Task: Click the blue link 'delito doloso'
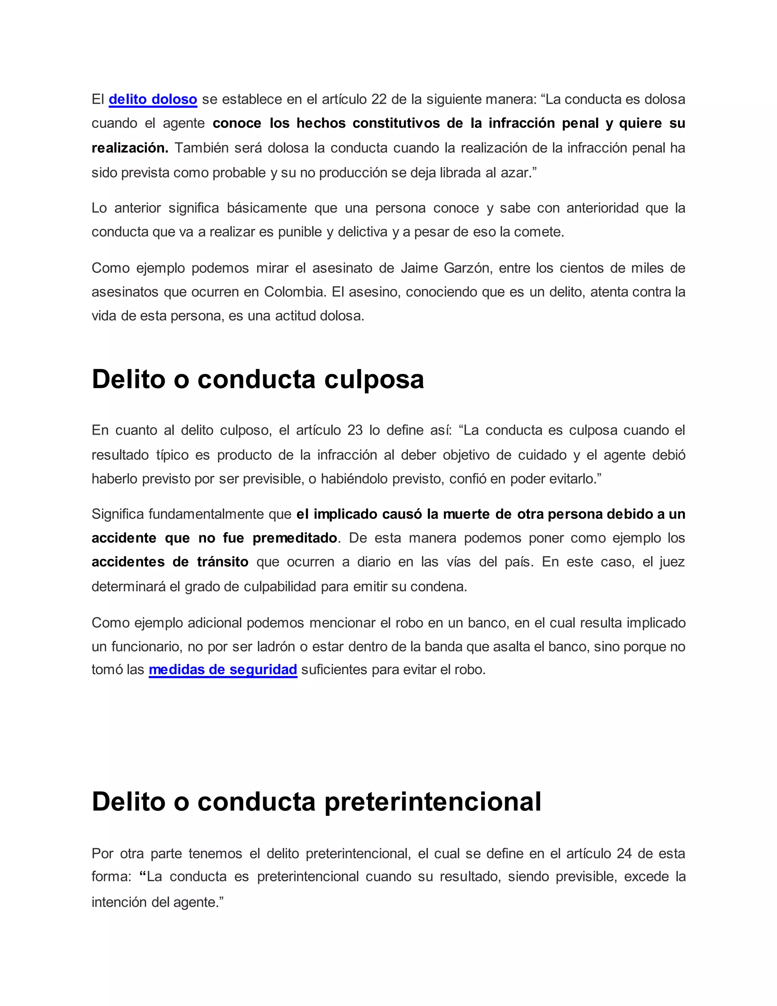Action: (x=153, y=99)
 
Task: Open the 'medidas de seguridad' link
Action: (x=223, y=670)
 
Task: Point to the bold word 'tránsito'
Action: (x=223, y=562)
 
